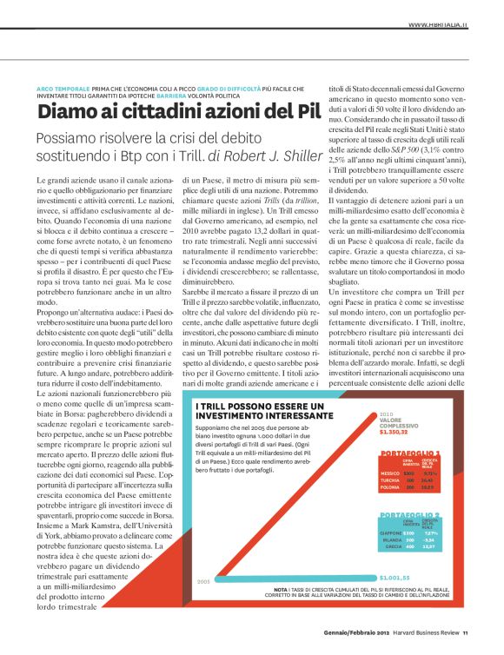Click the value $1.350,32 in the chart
pyautogui.click(x=396, y=432)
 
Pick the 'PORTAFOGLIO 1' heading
pyautogui.click(x=410, y=453)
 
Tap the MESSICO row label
pyautogui.click(x=390, y=473)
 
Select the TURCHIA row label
pyautogui.click(x=390, y=481)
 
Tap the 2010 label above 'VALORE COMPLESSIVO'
pyautogui.click(x=387, y=414)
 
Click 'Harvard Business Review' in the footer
pyautogui.click(x=420, y=644)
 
